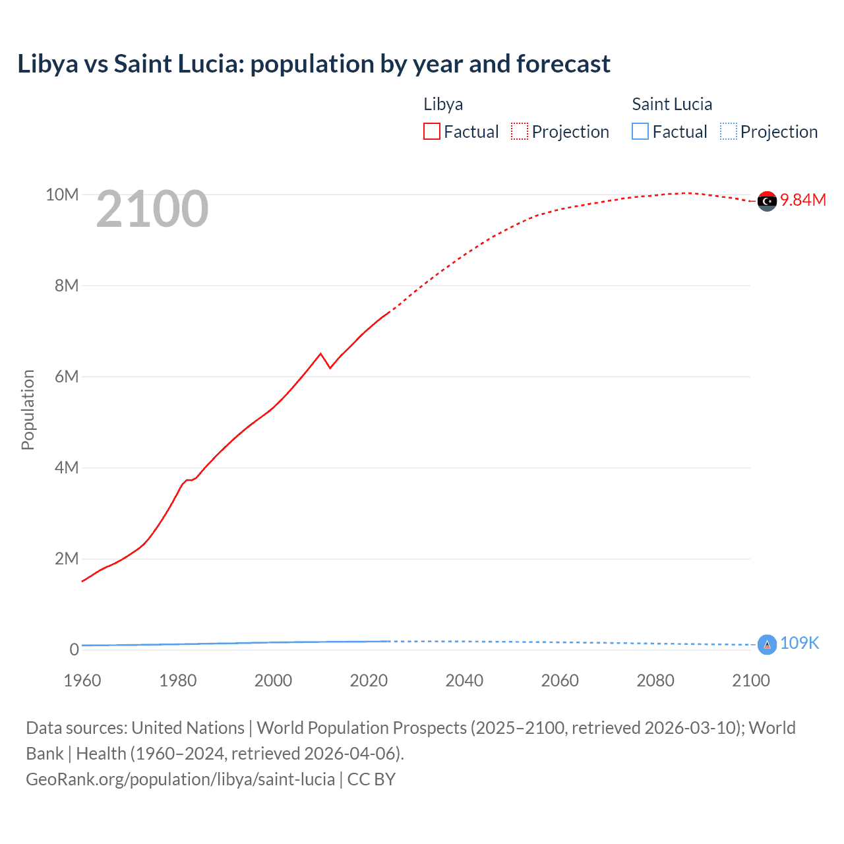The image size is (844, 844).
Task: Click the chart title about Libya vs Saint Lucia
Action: pyautogui.click(x=314, y=64)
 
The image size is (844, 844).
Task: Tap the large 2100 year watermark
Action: pyautogui.click(x=152, y=209)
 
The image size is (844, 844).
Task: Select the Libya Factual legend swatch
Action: pyautogui.click(x=432, y=132)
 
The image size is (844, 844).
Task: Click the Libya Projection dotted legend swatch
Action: pyautogui.click(x=520, y=132)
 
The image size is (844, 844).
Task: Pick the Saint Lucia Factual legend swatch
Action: pyautogui.click(x=640, y=132)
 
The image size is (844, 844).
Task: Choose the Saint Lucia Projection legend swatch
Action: pyautogui.click(x=728, y=132)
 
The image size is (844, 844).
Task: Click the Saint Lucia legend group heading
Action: pyautogui.click(x=672, y=104)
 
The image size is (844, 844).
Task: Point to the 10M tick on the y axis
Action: pyautogui.click(x=62, y=195)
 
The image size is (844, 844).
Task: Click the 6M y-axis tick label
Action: pyautogui.click(x=67, y=377)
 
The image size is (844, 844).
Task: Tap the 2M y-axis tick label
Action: pyautogui.click(x=67, y=559)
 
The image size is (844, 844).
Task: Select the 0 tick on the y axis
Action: pyautogui.click(x=74, y=649)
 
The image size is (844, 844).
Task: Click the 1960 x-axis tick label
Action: pyautogui.click(x=82, y=680)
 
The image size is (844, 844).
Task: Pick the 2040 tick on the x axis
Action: pyautogui.click(x=464, y=680)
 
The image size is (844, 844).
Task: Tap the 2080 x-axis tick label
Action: pyautogui.click(x=655, y=680)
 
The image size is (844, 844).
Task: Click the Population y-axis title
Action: pyautogui.click(x=28, y=409)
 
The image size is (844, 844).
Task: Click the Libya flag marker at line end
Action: pyautogui.click(x=767, y=201)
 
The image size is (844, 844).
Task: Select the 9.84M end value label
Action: pyautogui.click(x=803, y=200)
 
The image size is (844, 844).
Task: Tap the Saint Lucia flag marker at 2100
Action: pyautogui.click(x=767, y=644)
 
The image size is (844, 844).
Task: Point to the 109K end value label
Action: pyautogui.click(x=799, y=644)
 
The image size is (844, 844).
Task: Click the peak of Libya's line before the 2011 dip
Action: pyautogui.click(x=321, y=354)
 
